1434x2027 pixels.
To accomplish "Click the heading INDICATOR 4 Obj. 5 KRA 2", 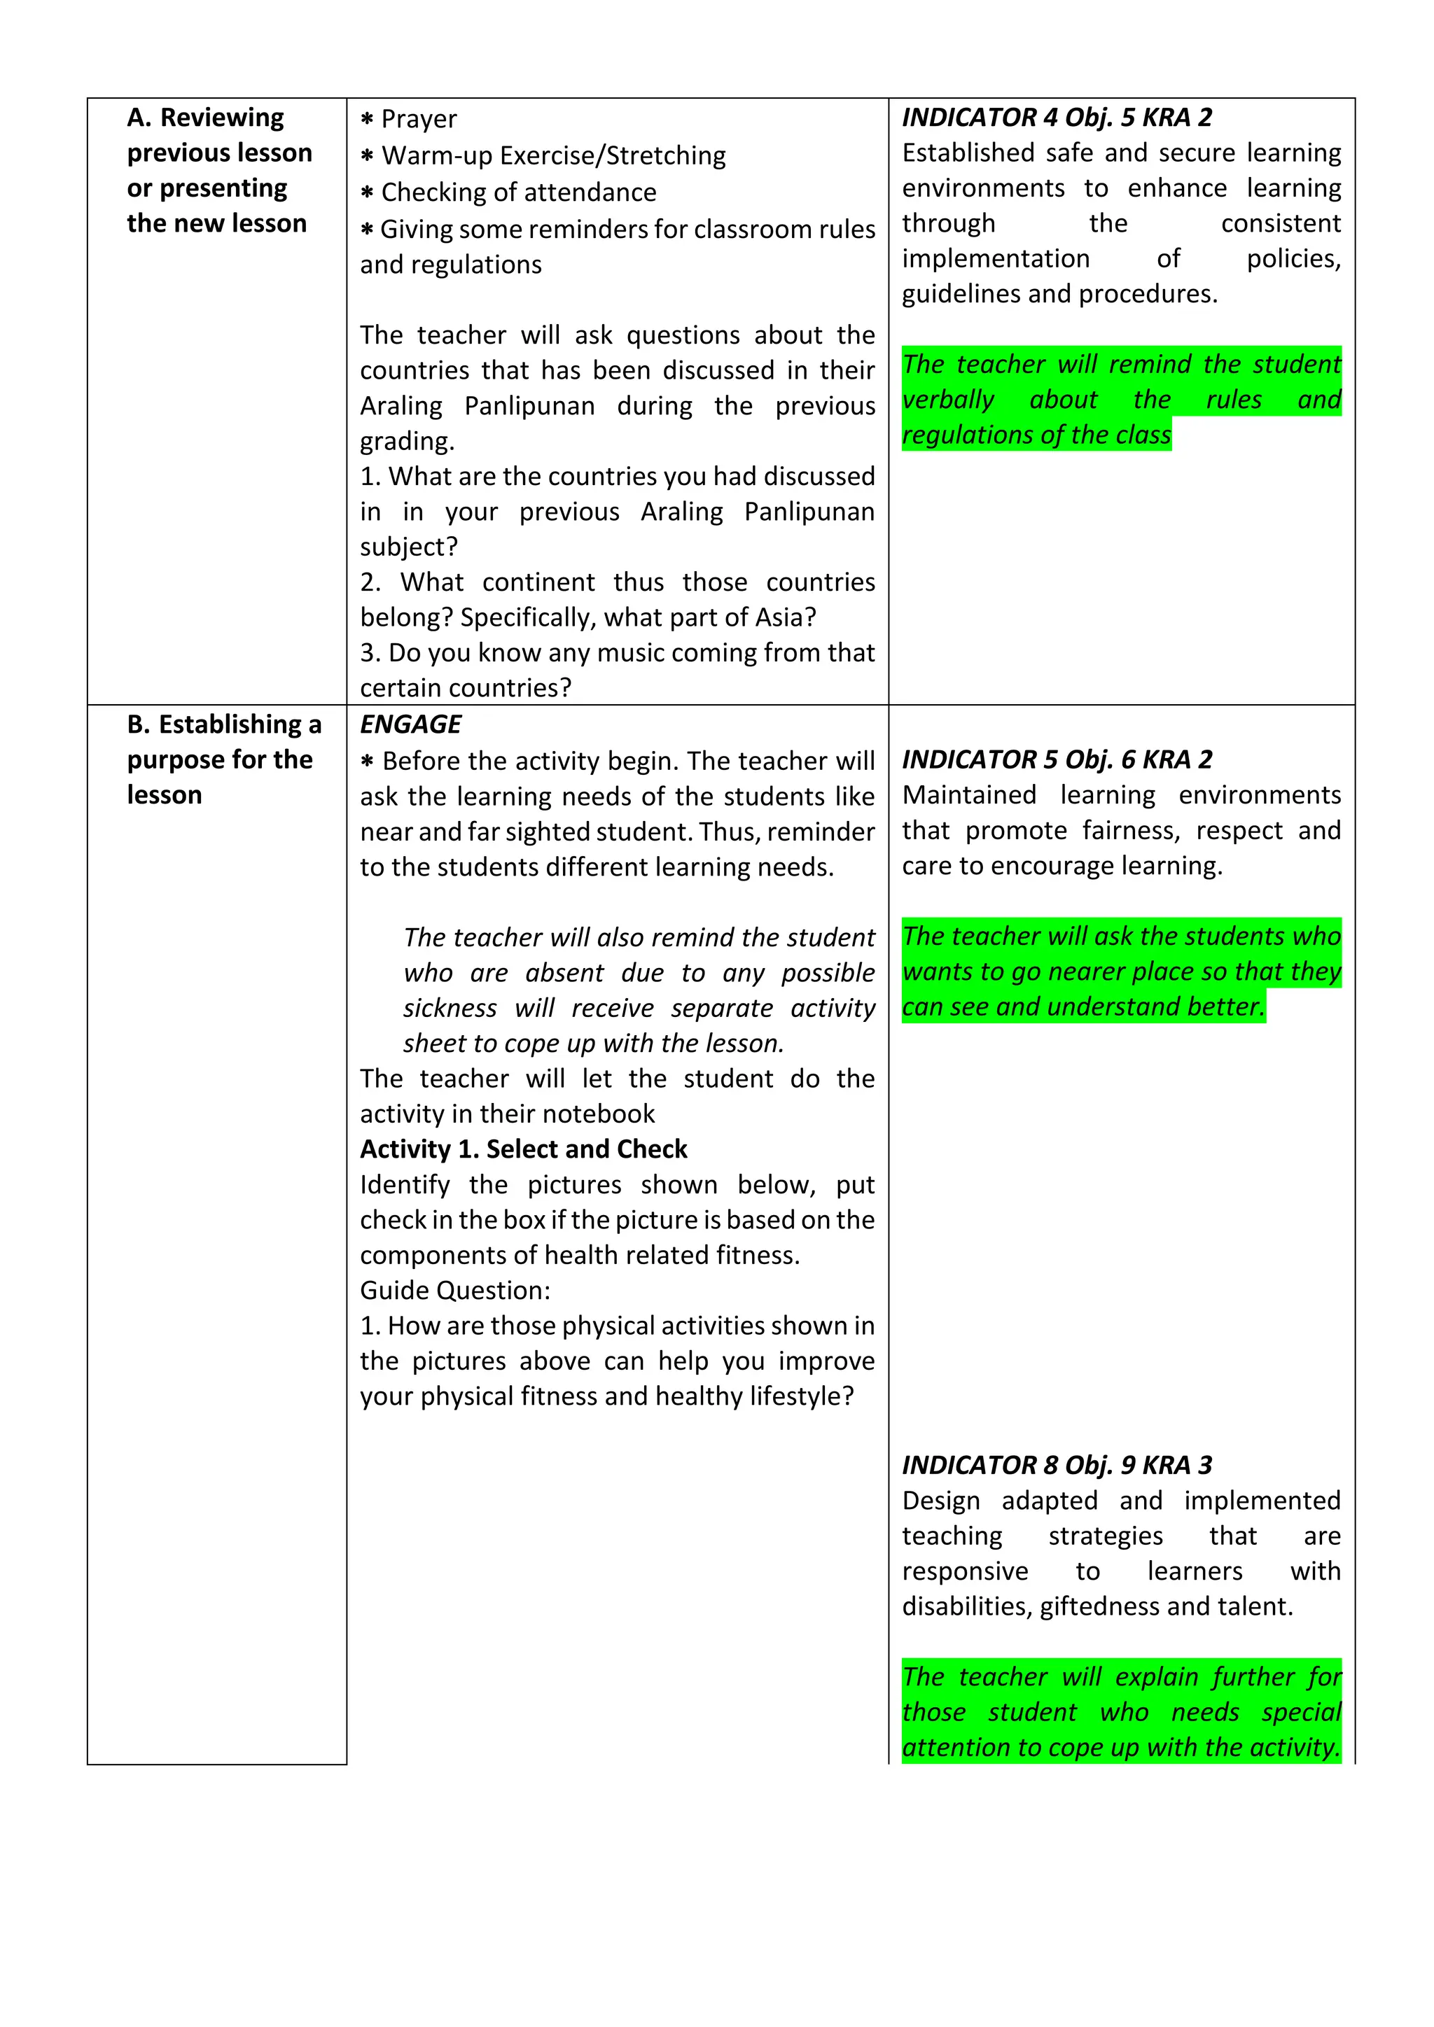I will (x=1056, y=118).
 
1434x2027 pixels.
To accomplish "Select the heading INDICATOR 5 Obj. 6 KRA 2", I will (x=1056, y=759).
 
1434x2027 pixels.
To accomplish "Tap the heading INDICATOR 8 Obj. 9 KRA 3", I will (x=1056, y=1466).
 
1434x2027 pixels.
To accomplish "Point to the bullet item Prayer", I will (x=419, y=119).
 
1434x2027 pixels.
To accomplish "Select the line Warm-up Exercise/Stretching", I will (x=552, y=156).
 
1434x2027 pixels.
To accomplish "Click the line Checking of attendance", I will (x=518, y=192).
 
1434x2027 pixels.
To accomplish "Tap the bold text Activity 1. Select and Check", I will (x=523, y=1149).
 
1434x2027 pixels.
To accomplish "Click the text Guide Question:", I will (x=454, y=1291).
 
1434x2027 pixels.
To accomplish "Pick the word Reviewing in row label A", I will (x=222, y=118).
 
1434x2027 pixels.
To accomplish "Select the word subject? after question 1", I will (x=408, y=547).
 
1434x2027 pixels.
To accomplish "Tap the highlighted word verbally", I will (x=947, y=400).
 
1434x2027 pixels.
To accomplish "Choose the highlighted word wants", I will (x=940, y=972).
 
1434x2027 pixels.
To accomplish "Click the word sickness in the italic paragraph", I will (x=450, y=1008).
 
